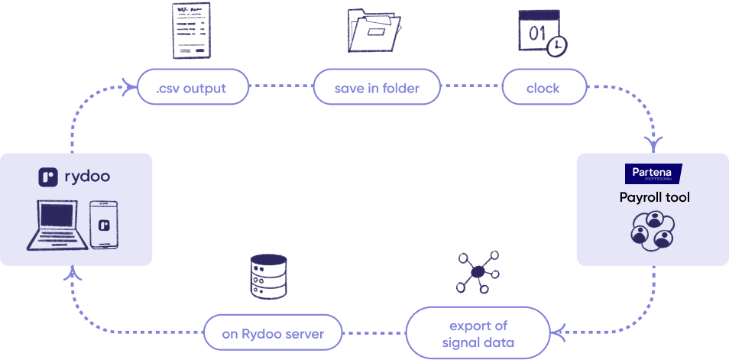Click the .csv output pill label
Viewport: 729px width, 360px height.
click(x=192, y=88)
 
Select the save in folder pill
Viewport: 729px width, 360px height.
click(x=377, y=88)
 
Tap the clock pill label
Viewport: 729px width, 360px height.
click(x=543, y=88)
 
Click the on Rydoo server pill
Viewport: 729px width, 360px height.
click(x=273, y=334)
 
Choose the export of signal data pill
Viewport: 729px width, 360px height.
click(x=478, y=334)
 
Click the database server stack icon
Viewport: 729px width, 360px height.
click(x=267, y=276)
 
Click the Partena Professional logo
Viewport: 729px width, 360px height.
click(x=653, y=174)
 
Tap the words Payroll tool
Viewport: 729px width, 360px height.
click(x=654, y=198)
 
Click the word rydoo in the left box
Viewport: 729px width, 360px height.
click(x=86, y=177)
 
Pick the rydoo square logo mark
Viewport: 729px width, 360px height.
click(x=49, y=177)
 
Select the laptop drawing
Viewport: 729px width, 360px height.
click(x=54, y=225)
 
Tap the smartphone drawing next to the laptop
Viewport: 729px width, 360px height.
click(x=105, y=224)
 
